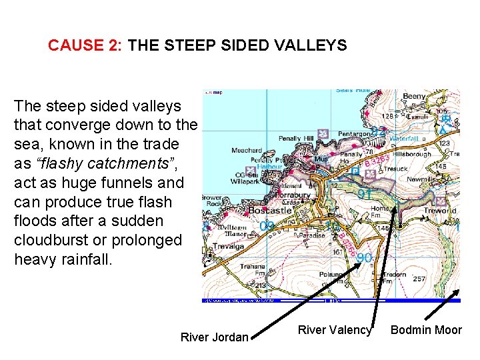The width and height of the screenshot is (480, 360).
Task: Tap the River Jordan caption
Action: point(214,337)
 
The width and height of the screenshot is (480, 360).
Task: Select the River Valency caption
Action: point(334,329)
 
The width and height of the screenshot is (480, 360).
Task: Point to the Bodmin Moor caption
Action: point(426,329)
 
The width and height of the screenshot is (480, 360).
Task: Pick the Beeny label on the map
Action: point(414,97)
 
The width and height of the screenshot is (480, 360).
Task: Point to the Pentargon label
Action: point(354,134)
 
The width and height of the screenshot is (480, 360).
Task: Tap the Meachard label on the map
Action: point(246,151)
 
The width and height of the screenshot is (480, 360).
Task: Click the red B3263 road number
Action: point(377,161)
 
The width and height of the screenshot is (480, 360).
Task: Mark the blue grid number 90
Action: point(364,257)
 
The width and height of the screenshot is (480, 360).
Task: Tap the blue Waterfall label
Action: point(405,139)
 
